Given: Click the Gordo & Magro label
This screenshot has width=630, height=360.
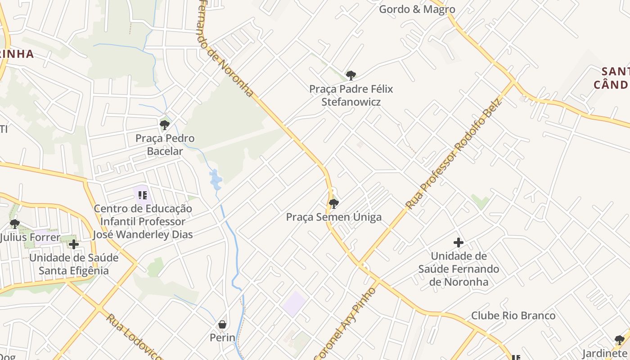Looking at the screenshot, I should [x=417, y=9].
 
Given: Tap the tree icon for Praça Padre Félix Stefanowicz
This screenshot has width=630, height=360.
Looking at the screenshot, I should [x=351, y=75].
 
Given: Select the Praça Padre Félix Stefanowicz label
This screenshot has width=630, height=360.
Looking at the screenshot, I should [x=351, y=95].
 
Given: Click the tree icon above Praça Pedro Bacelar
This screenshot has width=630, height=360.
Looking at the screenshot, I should [x=165, y=125].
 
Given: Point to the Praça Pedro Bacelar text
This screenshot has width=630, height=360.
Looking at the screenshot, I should [x=165, y=144].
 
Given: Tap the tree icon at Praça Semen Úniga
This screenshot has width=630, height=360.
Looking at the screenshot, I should [x=333, y=203].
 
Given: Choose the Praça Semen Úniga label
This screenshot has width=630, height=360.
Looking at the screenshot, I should [x=334, y=217].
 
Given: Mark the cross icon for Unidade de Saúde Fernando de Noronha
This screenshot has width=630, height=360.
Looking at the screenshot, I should [x=458, y=243].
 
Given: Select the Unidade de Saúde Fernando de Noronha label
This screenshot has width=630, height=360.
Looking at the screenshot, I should [x=459, y=269].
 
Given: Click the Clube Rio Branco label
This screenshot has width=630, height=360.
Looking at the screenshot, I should [x=513, y=315].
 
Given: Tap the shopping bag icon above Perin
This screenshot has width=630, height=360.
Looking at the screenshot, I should [x=222, y=324].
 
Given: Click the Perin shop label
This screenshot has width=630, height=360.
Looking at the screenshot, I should [x=222, y=337].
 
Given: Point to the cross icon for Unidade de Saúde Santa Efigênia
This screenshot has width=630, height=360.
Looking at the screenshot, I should [x=74, y=244].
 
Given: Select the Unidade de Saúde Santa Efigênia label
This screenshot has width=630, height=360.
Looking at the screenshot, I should [x=74, y=264].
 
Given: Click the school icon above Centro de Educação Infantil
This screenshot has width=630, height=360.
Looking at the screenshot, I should [x=143, y=195].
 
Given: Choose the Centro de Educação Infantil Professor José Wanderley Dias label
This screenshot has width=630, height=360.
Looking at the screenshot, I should [x=143, y=221].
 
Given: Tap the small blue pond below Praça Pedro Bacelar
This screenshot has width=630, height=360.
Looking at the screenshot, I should [x=216, y=179].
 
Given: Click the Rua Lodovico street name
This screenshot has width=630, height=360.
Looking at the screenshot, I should [x=134, y=337].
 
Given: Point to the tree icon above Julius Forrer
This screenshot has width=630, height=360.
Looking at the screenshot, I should [x=14, y=224].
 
